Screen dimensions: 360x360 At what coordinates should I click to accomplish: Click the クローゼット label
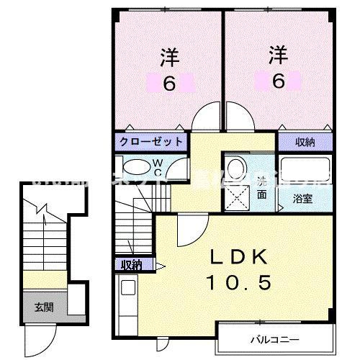[150, 141]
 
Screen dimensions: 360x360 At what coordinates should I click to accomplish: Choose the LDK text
[240, 257]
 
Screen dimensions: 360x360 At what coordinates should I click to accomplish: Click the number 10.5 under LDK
[240, 284]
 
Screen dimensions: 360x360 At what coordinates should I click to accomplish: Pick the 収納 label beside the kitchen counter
[132, 266]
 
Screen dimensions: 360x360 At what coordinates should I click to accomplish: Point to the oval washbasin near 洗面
[237, 166]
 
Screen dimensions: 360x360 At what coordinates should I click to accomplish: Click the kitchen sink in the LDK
[128, 289]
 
